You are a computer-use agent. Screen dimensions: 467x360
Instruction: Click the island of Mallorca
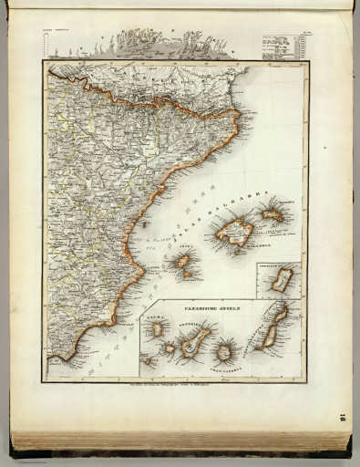[x=235, y=232]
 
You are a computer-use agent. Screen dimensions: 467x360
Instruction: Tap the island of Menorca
[x=273, y=215]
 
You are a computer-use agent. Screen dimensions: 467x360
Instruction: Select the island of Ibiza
[x=183, y=261]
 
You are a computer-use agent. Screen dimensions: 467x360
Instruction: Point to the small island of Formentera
[x=188, y=275]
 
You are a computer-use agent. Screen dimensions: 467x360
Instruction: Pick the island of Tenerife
[x=193, y=343]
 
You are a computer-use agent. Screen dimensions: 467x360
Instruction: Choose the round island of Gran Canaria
[x=223, y=351]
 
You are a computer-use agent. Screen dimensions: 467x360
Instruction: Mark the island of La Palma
[x=157, y=328]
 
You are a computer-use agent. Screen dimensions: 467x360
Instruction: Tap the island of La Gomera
[x=170, y=348]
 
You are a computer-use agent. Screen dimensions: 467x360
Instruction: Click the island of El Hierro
[x=149, y=360]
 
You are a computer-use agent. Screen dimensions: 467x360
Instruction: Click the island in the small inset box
[x=283, y=280]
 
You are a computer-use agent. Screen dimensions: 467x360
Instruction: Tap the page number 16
[x=342, y=418]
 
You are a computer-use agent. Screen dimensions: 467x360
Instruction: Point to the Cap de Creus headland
[x=240, y=113]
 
